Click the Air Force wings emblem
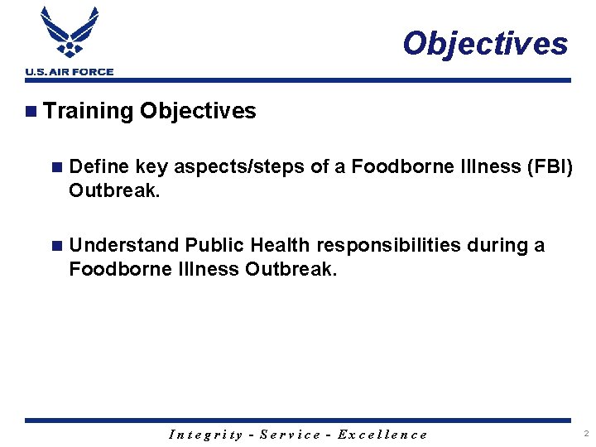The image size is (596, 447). coord(69,33)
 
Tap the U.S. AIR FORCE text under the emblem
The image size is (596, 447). coord(69,72)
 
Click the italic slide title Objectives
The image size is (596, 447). coord(485,43)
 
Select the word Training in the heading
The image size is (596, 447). coord(89,111)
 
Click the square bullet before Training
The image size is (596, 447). coord(31,111)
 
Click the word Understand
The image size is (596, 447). coord(124,246)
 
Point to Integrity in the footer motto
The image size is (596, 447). coord(205,435)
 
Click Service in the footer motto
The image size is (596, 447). coord(291,435)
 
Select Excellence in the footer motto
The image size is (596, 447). coord(382,435)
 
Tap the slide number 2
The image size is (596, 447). coord(585,434)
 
